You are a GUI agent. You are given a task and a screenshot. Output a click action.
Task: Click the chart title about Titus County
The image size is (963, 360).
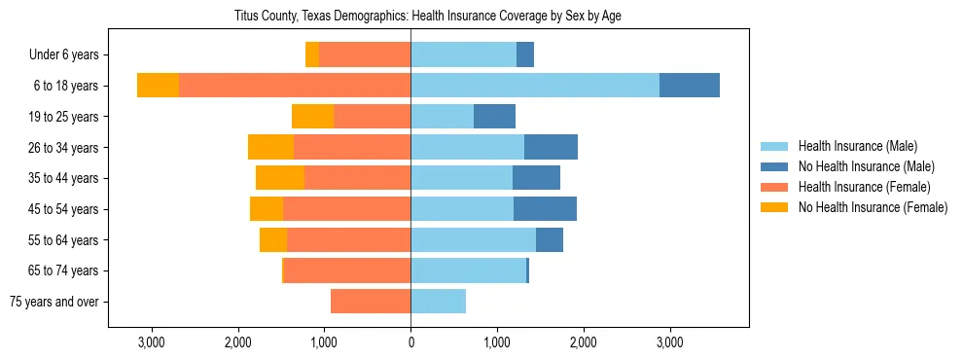[x=428, y=16]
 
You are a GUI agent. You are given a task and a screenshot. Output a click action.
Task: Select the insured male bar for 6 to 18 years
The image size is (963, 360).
[x=535, y=86]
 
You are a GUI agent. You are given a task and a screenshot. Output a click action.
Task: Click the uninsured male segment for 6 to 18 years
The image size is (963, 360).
[x=690, y=86]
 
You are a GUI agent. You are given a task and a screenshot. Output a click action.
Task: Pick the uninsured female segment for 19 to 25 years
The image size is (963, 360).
[x=312, y=117]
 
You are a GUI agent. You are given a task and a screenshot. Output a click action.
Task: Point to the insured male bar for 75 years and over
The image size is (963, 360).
[x=439, y=302]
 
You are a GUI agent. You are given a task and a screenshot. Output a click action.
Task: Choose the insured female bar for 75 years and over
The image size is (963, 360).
[x=371, y=302]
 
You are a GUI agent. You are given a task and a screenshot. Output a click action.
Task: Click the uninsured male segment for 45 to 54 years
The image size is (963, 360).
[x=545, y=209]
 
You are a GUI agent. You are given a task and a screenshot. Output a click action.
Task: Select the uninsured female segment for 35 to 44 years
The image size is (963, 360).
[x=280, y=178]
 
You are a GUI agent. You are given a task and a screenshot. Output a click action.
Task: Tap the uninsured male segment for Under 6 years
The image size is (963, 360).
[x=525, y=55]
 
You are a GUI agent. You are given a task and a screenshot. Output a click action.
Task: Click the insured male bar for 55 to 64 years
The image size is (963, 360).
[x=473, y=240]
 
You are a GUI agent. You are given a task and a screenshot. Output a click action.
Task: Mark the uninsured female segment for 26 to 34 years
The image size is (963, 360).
[x=270, y=147]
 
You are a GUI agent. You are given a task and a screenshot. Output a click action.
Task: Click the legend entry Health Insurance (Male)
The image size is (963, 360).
[x=857, y=147]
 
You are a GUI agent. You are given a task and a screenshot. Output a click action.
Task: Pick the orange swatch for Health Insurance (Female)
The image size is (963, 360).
[x=774, y=187]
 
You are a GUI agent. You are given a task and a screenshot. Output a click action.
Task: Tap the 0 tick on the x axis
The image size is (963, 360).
[x=410, y=342]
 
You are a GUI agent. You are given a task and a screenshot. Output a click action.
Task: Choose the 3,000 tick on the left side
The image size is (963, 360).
[x=152, y=342]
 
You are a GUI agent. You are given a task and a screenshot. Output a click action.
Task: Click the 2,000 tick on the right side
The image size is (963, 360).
[x=583, y=342]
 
